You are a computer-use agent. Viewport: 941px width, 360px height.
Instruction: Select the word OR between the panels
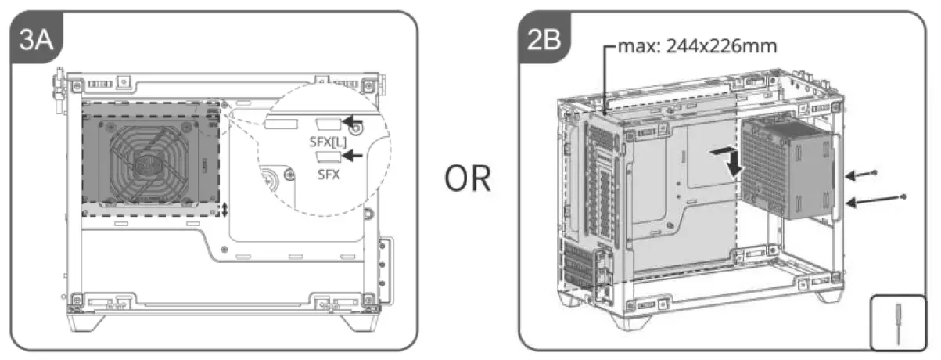[x=469, y=179]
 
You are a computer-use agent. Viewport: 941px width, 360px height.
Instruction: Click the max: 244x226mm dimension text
[x=698, y=45]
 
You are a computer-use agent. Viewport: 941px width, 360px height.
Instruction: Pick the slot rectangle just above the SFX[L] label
[x=327, y=123]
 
